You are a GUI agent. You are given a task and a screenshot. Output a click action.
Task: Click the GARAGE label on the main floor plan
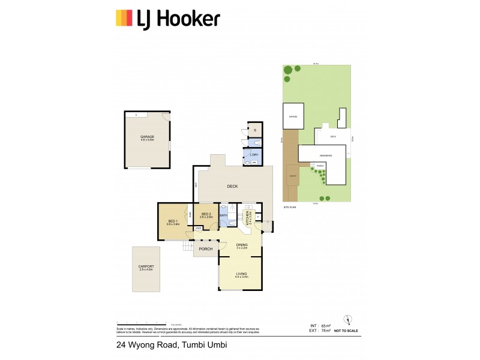147,137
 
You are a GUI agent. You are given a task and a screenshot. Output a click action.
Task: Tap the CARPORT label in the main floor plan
146,268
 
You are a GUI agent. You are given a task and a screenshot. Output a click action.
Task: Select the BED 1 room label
173,222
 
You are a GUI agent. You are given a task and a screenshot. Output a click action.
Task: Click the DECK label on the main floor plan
232,187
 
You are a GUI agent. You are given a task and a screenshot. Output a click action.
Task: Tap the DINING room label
241,245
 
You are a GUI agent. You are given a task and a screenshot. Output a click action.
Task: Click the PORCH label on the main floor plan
206,250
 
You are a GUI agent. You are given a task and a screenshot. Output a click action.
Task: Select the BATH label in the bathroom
223,215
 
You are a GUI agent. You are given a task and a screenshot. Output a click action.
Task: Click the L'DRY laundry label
254,154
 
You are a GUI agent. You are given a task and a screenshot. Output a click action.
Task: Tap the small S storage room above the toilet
255,130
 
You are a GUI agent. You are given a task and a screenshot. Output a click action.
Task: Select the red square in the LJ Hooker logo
119,18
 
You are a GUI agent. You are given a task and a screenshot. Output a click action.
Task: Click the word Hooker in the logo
190,19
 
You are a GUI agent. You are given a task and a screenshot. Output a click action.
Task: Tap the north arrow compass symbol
346,320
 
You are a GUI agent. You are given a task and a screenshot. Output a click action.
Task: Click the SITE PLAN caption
290,207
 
